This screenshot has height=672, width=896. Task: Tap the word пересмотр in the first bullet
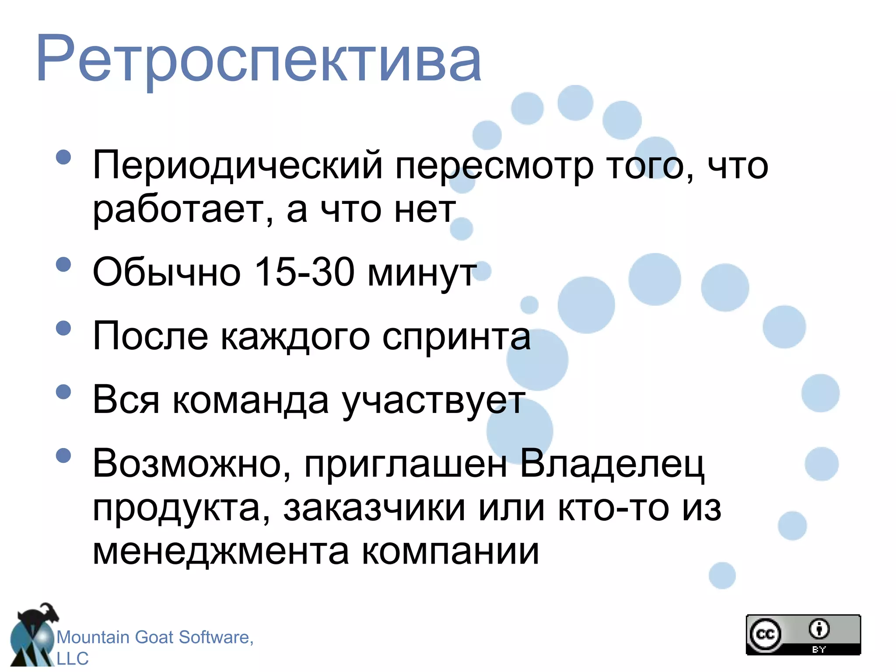[494, 166]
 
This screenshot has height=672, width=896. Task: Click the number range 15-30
[304, 272]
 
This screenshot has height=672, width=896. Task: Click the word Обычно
[167, 272]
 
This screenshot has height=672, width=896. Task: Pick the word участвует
[433, 402]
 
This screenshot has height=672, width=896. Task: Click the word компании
[451, 552]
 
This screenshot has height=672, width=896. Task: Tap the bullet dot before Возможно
[64, 455]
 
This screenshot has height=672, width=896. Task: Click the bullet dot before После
[64, 328]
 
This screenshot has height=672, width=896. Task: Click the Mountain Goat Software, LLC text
[155, 647]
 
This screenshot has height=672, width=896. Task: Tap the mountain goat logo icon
[33, 637]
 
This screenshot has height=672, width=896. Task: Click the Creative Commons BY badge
[803, 634]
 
